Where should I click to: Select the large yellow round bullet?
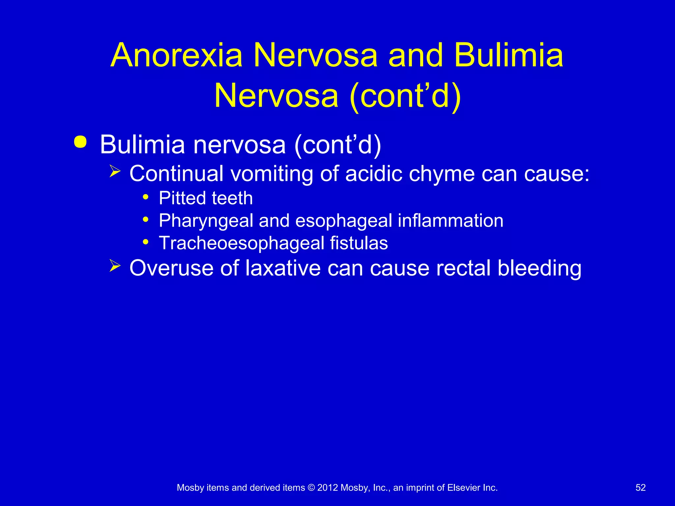click(80, 142)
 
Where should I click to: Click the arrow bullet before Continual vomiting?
click(115, 171)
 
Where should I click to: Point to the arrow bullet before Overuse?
click(115, 266)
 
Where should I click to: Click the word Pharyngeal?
click(206, 221)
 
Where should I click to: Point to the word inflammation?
click(451, 220)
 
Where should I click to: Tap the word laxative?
click(283, 268)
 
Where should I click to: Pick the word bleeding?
click(539, 268)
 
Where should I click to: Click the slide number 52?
click(640, 488)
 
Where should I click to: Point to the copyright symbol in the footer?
click(311, 488)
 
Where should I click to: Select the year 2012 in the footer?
click(328, 488)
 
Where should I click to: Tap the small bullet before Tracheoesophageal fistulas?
click(145, 242)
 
